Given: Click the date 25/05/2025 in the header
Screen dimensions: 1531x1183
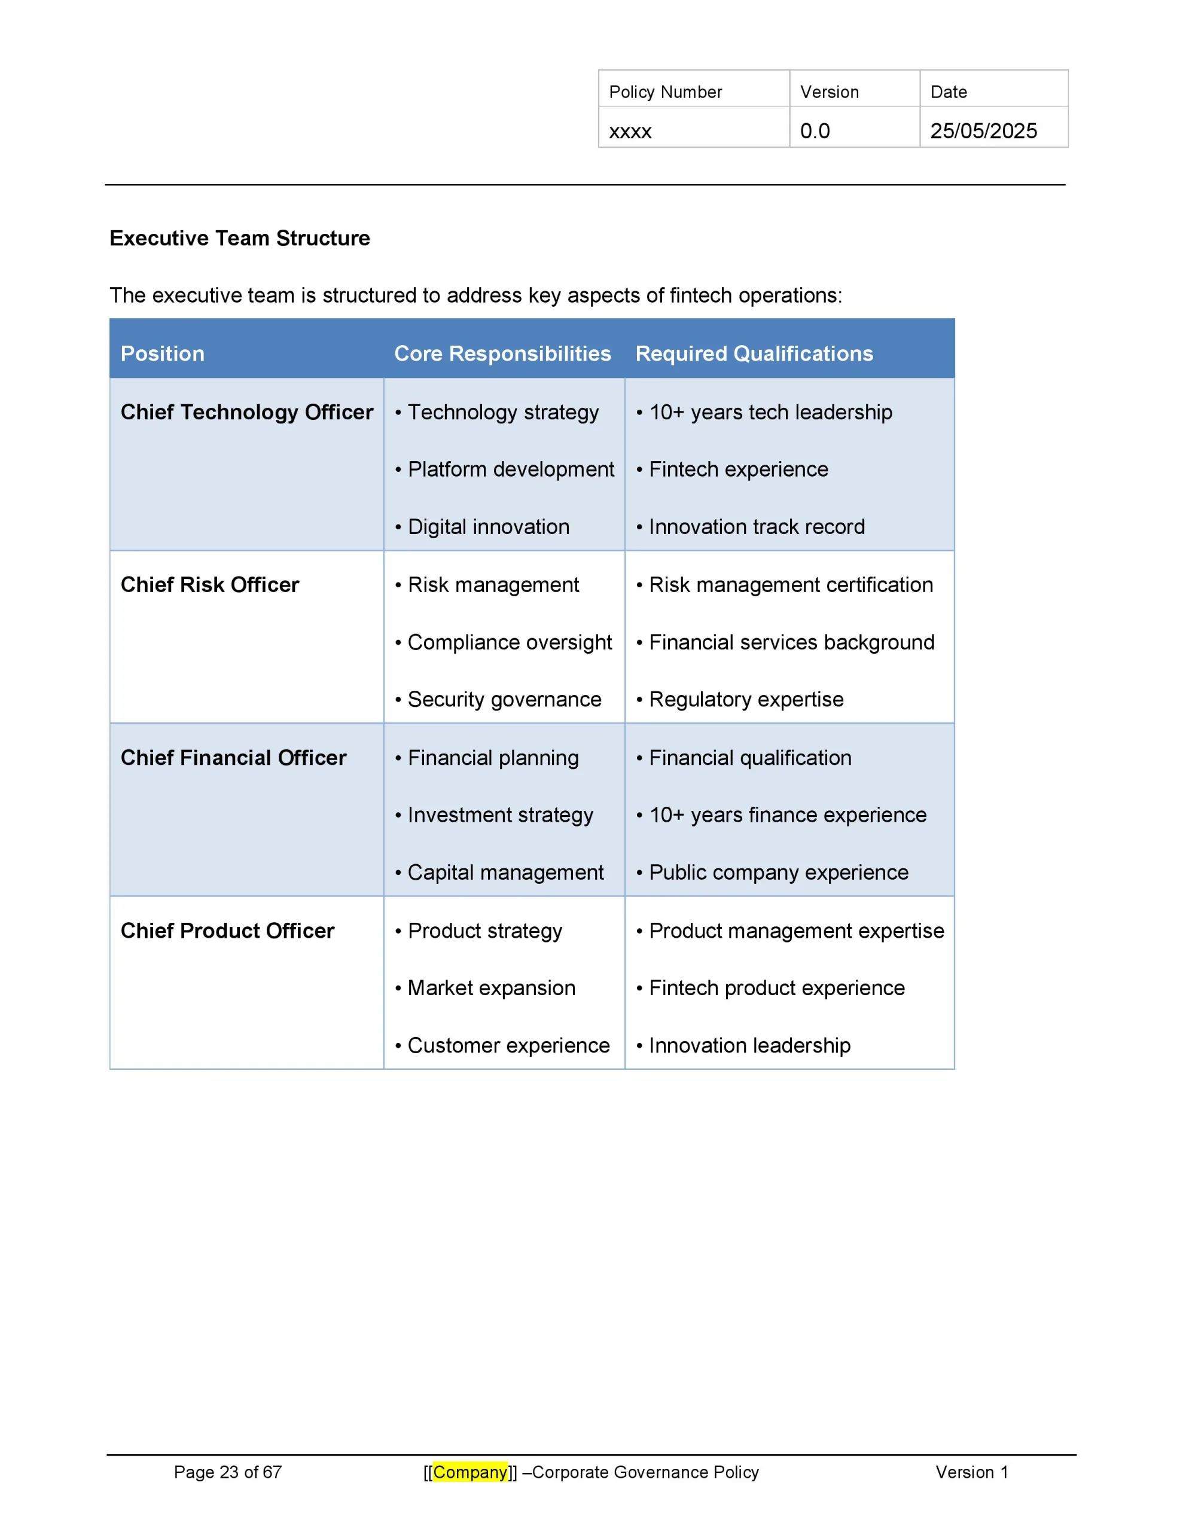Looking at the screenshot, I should [x=983, y=131].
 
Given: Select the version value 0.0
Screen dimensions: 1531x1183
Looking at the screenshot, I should [x=814, y=131].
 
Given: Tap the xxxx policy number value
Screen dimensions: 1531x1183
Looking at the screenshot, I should [x=630, y=131].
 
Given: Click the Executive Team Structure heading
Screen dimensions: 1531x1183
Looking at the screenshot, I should [x=239, y=239].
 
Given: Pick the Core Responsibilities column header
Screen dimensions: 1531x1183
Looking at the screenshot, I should [x=502, y=353].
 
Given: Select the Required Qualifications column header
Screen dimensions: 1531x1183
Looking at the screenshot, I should [x=754, y=353].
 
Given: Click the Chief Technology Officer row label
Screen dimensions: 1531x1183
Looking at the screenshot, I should [x=246, y=412].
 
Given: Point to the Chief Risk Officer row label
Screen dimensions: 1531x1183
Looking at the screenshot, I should [x=210, y=585].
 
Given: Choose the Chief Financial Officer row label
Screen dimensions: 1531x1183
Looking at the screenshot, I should [x=233, y=758].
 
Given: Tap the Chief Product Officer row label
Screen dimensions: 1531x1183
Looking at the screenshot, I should [x=227, y=931].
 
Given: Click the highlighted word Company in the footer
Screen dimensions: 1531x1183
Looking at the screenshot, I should [x=470, y=1472].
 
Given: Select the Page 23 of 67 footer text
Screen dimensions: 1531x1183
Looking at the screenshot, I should [x=227, y=1472].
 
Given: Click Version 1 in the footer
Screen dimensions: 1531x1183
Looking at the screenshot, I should [x=971, y=1472].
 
